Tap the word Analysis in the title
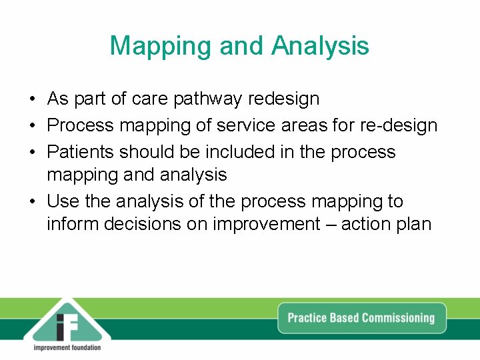click(x=320, y=46)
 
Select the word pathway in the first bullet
click(x=208, y=99)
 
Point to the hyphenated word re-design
click(x=399, y=125)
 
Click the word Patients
click(x=81, y=151)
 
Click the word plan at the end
click(x=415, y=225)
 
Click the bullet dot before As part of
click(x=32, y=100)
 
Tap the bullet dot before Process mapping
click(x=32, y=126)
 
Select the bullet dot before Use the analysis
click(x=32, y=202)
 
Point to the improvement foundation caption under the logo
click(x=67, y=347)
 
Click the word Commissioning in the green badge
click(x=397, y=317)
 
